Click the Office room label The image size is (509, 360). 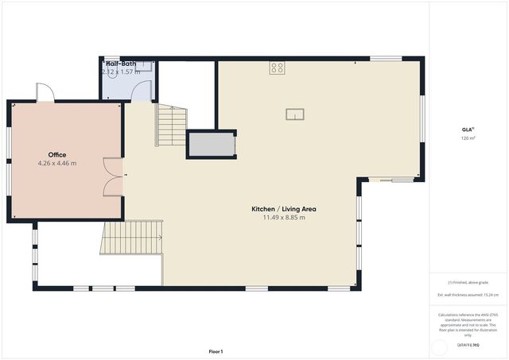coord(56,155)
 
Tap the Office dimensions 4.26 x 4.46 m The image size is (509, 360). coord(56,164)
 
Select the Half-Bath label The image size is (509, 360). coord(120,63)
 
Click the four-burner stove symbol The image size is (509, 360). coord(277,68)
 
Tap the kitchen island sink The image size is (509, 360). coord(295,114)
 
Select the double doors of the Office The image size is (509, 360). coord(114,176)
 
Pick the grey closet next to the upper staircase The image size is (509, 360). coord(211,145)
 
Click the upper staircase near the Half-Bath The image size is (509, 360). coord(170,126)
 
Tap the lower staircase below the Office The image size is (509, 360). coord(131,238)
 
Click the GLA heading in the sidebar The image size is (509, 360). coord(467,130)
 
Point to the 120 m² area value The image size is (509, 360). coord(467,138)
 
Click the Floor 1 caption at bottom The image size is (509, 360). coord(216,351)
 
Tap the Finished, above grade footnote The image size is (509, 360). coord(468,282)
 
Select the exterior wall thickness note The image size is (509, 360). coord(468,295)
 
